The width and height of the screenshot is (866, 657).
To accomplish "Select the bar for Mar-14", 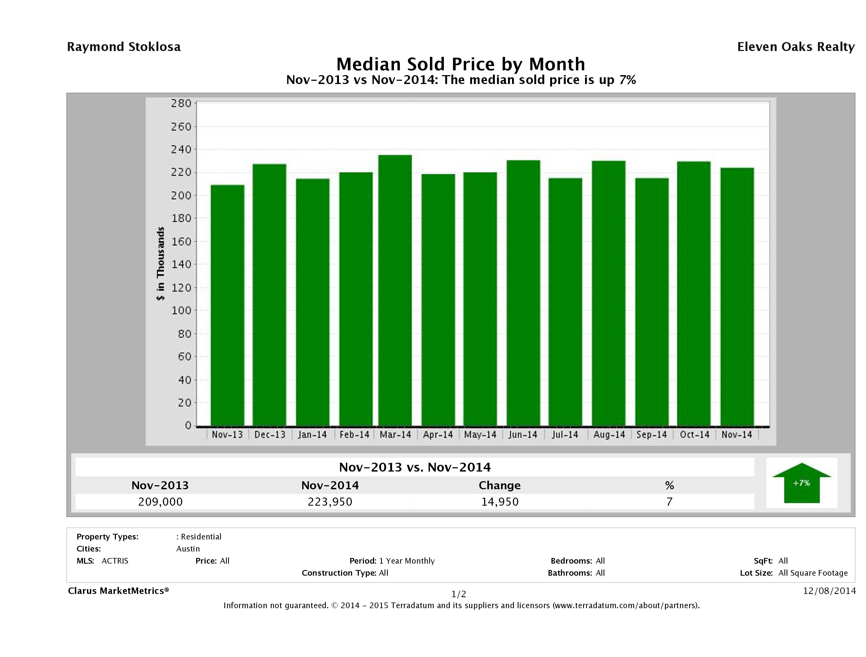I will pyautogui.click(x=395, y=290).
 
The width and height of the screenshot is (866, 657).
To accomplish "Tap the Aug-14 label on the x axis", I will pyautogui.click(x=609, y=435).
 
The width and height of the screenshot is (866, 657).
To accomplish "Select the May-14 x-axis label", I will pyautogui.click(x=480, y=435).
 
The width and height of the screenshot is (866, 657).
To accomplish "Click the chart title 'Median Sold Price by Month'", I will pyautogui.click(x=461, y=64).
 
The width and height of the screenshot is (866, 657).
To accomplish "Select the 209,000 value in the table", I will pyautogui.click(x=160, y=502).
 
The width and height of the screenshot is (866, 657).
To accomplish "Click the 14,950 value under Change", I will pyautogui.click(x=500, y=502).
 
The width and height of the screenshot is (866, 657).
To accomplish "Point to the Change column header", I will pyautogui.click(x=500, y=486).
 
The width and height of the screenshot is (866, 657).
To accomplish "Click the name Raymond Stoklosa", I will pyautogui.click(x=124, y=47).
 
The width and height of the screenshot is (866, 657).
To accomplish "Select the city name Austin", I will pyautogui.click(x=188, y=549).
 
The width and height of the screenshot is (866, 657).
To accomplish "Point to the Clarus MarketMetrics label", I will pyautogui.click(x=118, y=591).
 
